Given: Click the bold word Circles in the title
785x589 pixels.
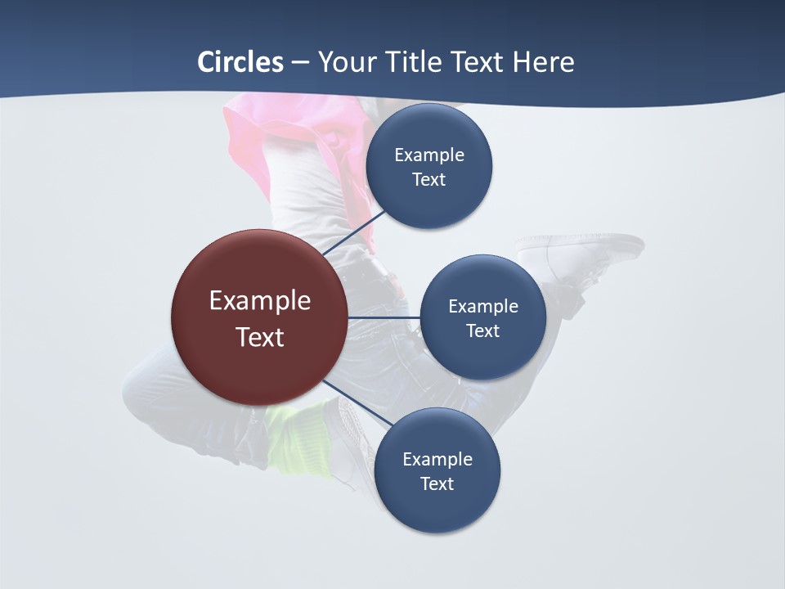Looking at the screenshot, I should tap(240, 62).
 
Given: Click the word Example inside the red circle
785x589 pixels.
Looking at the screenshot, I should tap(260, 300).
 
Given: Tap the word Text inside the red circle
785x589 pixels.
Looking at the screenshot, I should tap(260, 337).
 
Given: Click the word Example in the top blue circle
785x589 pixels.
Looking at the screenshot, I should tap(429, 155).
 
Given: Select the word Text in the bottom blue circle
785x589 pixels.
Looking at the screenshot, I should tap(437, 483).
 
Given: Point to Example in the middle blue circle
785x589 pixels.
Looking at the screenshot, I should tap(483, 306).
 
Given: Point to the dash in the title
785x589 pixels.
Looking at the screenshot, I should tap(300, 63).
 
